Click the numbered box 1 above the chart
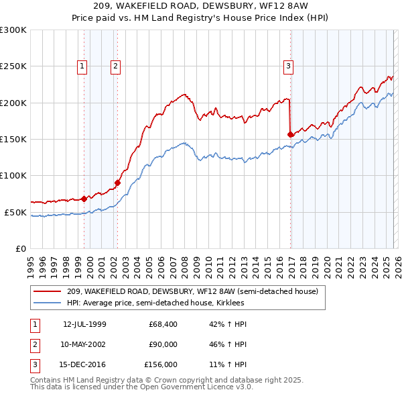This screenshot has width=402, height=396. pyautogui.click(x=82, y=66)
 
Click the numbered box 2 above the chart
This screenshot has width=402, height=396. pyautogui.click(x=116, y=66)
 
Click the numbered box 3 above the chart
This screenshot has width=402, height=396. pyautogui.click(x=288, y=66)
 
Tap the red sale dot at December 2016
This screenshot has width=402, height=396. pyautogui.click(x=291, y=134)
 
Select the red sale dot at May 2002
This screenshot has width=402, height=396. pyautogui.click(x=117, y=182)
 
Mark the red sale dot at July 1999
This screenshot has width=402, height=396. pyautogui.click(x=84, y=199)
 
